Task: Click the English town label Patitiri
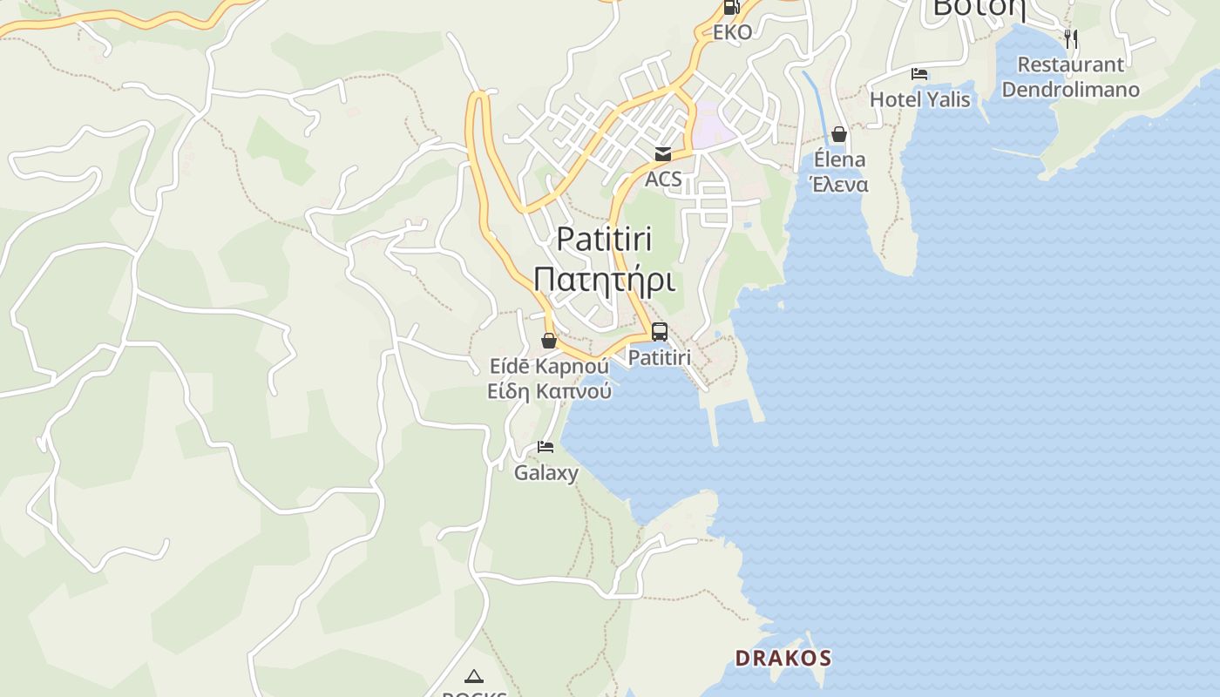604,239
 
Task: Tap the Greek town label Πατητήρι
604,280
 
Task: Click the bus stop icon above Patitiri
660,332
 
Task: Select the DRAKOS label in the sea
783,658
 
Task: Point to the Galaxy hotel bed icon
546,447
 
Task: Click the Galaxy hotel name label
546,473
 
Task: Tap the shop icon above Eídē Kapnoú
549,341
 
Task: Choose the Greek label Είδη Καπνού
549,391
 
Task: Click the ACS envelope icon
663,154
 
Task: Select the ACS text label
663,179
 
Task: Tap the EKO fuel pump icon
731,8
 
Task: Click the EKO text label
732,32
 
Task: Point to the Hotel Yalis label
919,99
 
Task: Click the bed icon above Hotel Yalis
919,74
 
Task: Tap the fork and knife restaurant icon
1071,39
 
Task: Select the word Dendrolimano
1070,89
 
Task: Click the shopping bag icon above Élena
839,134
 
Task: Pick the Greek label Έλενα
839,185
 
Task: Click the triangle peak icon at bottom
473,676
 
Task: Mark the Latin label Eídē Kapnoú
549,366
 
